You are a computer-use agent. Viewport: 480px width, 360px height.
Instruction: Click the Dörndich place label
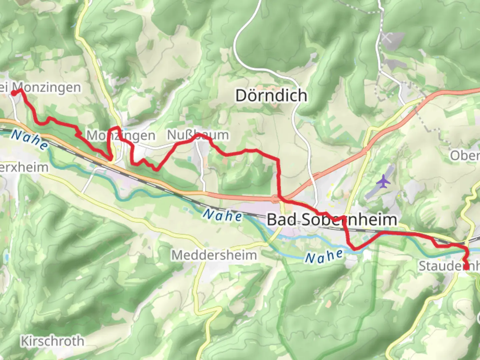tap(271, 96)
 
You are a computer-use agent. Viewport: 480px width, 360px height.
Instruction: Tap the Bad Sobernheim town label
tap(332, 220)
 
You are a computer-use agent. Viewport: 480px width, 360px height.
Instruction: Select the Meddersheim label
tap(214, 255)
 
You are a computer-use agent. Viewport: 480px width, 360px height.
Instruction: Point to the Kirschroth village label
tap(52, 341)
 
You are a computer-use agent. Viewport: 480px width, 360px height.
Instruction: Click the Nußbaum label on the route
tap(198, 135)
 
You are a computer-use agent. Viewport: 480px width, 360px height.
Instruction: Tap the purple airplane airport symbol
tap(384, 182)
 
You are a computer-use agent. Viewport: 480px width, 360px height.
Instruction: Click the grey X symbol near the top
tap(386, 37)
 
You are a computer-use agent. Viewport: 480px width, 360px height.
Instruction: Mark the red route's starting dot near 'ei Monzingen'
tap(14, 93)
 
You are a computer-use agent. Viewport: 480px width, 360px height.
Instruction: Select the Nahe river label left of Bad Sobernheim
tap(222, 216)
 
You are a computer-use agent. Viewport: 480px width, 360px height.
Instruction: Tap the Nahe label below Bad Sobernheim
tap(324, 256)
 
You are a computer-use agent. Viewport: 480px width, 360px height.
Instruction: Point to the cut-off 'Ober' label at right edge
tap(465, 156)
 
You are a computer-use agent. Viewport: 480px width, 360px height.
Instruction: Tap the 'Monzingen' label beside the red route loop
tap(121, 136)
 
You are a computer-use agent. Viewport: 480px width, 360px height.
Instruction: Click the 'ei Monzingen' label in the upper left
tap(40, 88)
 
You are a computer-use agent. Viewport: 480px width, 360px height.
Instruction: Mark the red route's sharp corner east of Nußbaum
tap(278, 160)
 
